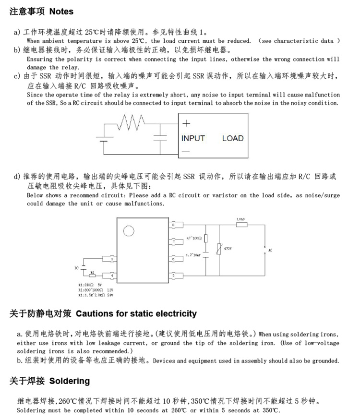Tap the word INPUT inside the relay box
pyautogui.click(x=193, y=138)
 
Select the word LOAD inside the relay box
pyautogui.click(x=233, y=138)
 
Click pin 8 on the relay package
pyautogui.click(x=173, y=224)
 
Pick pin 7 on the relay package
pyautogui.click(x=173, y=241)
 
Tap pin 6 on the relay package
pyautogui.click(x=173, y=259)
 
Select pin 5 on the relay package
pyautogui.click(x=173, y=276)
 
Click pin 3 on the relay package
pyautogui.click(x=112, y=259)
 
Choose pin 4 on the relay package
pyautogui.click(x=112, y=276)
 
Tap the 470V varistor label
pyautogui.click(x=228, y=248)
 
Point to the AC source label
pyautogui.click(x=271, y=251)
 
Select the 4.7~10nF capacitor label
pyautogui.click(x=193, y=255)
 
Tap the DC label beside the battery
pyautogui.click(x=76, y=267)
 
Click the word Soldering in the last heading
pyautogui.click(x=70, y=381)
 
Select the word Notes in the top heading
pyautogui.click(x=61, y=11)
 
